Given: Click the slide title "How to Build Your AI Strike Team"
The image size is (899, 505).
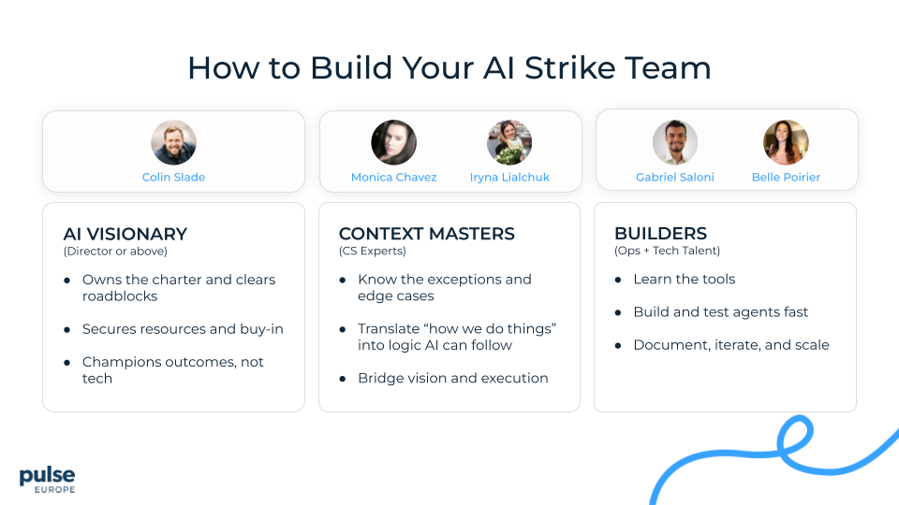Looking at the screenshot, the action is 449,67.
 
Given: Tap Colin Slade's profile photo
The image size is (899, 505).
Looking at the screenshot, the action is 173,142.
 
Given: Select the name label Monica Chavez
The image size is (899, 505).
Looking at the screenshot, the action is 393,177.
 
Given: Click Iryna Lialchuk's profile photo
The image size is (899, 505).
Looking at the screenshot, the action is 509,142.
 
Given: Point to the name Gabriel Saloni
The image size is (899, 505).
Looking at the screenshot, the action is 674,177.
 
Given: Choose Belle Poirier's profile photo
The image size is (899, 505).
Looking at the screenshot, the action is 785,142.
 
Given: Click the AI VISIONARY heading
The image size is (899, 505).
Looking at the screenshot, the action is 125,234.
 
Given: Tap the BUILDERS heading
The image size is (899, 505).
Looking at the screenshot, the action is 660,234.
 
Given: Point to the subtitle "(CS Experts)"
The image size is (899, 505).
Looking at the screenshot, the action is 373,251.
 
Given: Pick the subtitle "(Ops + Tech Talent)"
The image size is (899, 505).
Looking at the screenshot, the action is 667,251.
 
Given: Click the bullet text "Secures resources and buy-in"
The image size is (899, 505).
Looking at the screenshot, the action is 183,329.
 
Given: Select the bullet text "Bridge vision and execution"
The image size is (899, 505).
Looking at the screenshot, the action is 452,378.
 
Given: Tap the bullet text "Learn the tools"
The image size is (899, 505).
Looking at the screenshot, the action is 684,279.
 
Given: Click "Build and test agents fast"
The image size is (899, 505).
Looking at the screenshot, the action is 720,311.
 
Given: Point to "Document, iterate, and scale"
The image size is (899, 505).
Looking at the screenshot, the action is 730,344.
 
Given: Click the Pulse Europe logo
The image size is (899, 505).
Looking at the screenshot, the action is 47,479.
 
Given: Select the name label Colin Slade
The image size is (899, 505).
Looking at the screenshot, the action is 173,177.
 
